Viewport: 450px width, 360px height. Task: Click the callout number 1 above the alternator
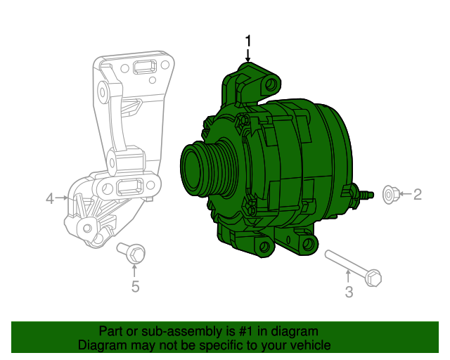[247, 40]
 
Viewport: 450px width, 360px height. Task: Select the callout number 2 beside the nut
[417, 194]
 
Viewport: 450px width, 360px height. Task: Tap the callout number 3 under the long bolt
[349, 292]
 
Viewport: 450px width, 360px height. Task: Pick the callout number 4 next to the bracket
[49, 199]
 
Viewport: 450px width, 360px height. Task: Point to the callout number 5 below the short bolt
[135, 286]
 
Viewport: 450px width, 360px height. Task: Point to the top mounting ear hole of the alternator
[269, 85]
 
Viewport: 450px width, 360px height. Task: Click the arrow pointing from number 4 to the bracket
[64, 199]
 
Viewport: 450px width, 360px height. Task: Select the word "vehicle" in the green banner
[308, 345]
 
